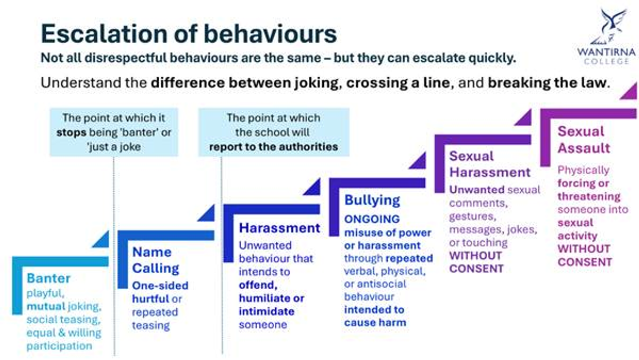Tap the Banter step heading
[48, 278]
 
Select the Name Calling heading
[155, 260]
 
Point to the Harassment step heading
[280, 228]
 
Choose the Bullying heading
[372, 200]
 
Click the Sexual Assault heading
[584, 140]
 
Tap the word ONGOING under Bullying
[372, 219]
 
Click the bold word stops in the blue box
[71, 133]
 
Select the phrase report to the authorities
[274, 147]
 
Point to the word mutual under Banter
[46, 306]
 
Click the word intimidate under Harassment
[267, 311]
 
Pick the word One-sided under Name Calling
[160, 285]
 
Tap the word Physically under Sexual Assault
[584, 170]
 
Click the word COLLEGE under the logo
[607, 61]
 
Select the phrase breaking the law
[547, 83]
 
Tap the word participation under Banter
[59, 346]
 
